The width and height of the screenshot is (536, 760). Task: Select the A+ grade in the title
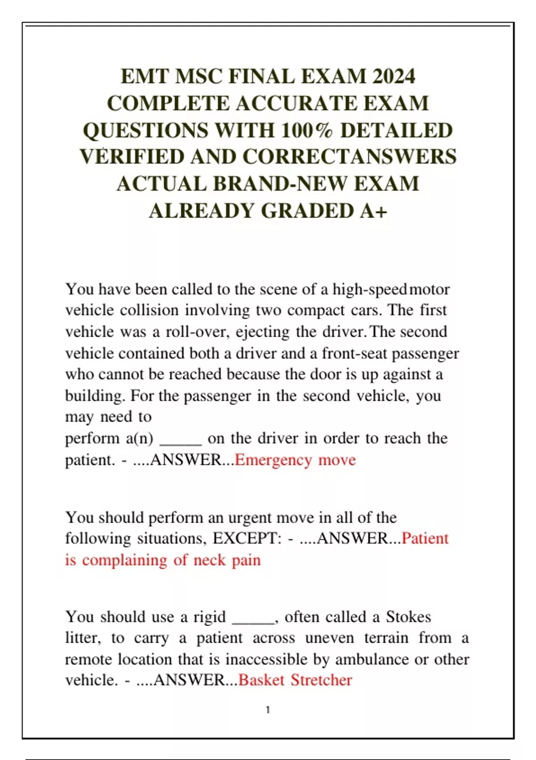click(374, 211)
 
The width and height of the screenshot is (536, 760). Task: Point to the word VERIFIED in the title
click(132, 157)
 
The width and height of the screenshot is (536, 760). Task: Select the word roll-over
click(197, 332)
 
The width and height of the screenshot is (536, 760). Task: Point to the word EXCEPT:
click(247, 538)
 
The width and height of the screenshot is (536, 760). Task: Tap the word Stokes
click(408, 617)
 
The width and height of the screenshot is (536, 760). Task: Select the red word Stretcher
click(322, 680)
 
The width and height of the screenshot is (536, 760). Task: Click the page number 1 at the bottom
click(268, 709)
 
